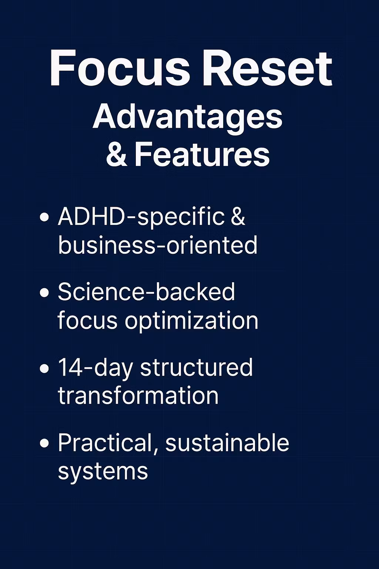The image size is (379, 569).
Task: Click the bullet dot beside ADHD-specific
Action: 44,217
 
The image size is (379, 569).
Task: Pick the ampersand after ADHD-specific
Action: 238,216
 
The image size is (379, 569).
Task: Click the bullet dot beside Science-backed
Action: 44,293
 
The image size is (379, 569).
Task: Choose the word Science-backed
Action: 146,292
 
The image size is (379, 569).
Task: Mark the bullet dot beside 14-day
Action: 44,369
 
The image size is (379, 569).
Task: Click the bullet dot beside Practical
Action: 44,443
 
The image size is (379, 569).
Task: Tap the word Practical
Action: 108,444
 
